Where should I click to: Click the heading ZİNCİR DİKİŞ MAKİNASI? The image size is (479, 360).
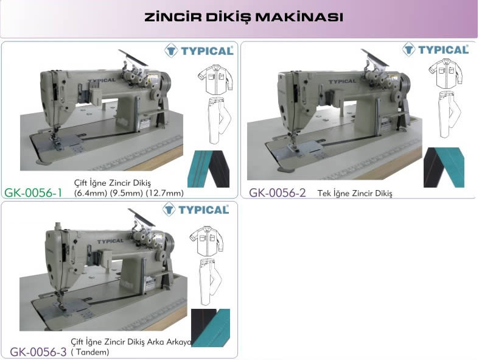pos(244,18)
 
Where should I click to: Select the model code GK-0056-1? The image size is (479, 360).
pos(33,192)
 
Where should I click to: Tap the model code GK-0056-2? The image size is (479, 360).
pos(278,192)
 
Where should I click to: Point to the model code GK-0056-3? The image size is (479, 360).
pos(38,351)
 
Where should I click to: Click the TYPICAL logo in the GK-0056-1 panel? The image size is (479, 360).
pos(199,51)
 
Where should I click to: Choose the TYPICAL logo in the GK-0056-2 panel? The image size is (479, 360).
pos(435,49)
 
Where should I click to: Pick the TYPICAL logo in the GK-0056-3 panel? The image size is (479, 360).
pos(195,210)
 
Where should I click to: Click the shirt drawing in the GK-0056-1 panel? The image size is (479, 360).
pos(215,79)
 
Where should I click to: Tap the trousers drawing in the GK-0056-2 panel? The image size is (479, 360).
pos(449,115)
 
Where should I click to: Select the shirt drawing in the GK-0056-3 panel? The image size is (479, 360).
pos(206,241)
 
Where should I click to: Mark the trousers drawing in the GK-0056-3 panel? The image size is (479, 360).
pos(210,281)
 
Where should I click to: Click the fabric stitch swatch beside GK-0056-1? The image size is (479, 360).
pos(209,169)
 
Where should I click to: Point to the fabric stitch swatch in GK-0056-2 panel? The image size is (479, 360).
pos(444,168)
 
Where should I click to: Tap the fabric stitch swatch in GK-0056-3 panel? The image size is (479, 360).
pos(211,328)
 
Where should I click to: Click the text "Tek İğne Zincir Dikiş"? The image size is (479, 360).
pos(355,193)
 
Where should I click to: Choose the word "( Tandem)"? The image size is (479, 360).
pos(90,352)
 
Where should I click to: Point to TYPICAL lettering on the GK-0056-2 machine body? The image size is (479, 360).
pos(342,82)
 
